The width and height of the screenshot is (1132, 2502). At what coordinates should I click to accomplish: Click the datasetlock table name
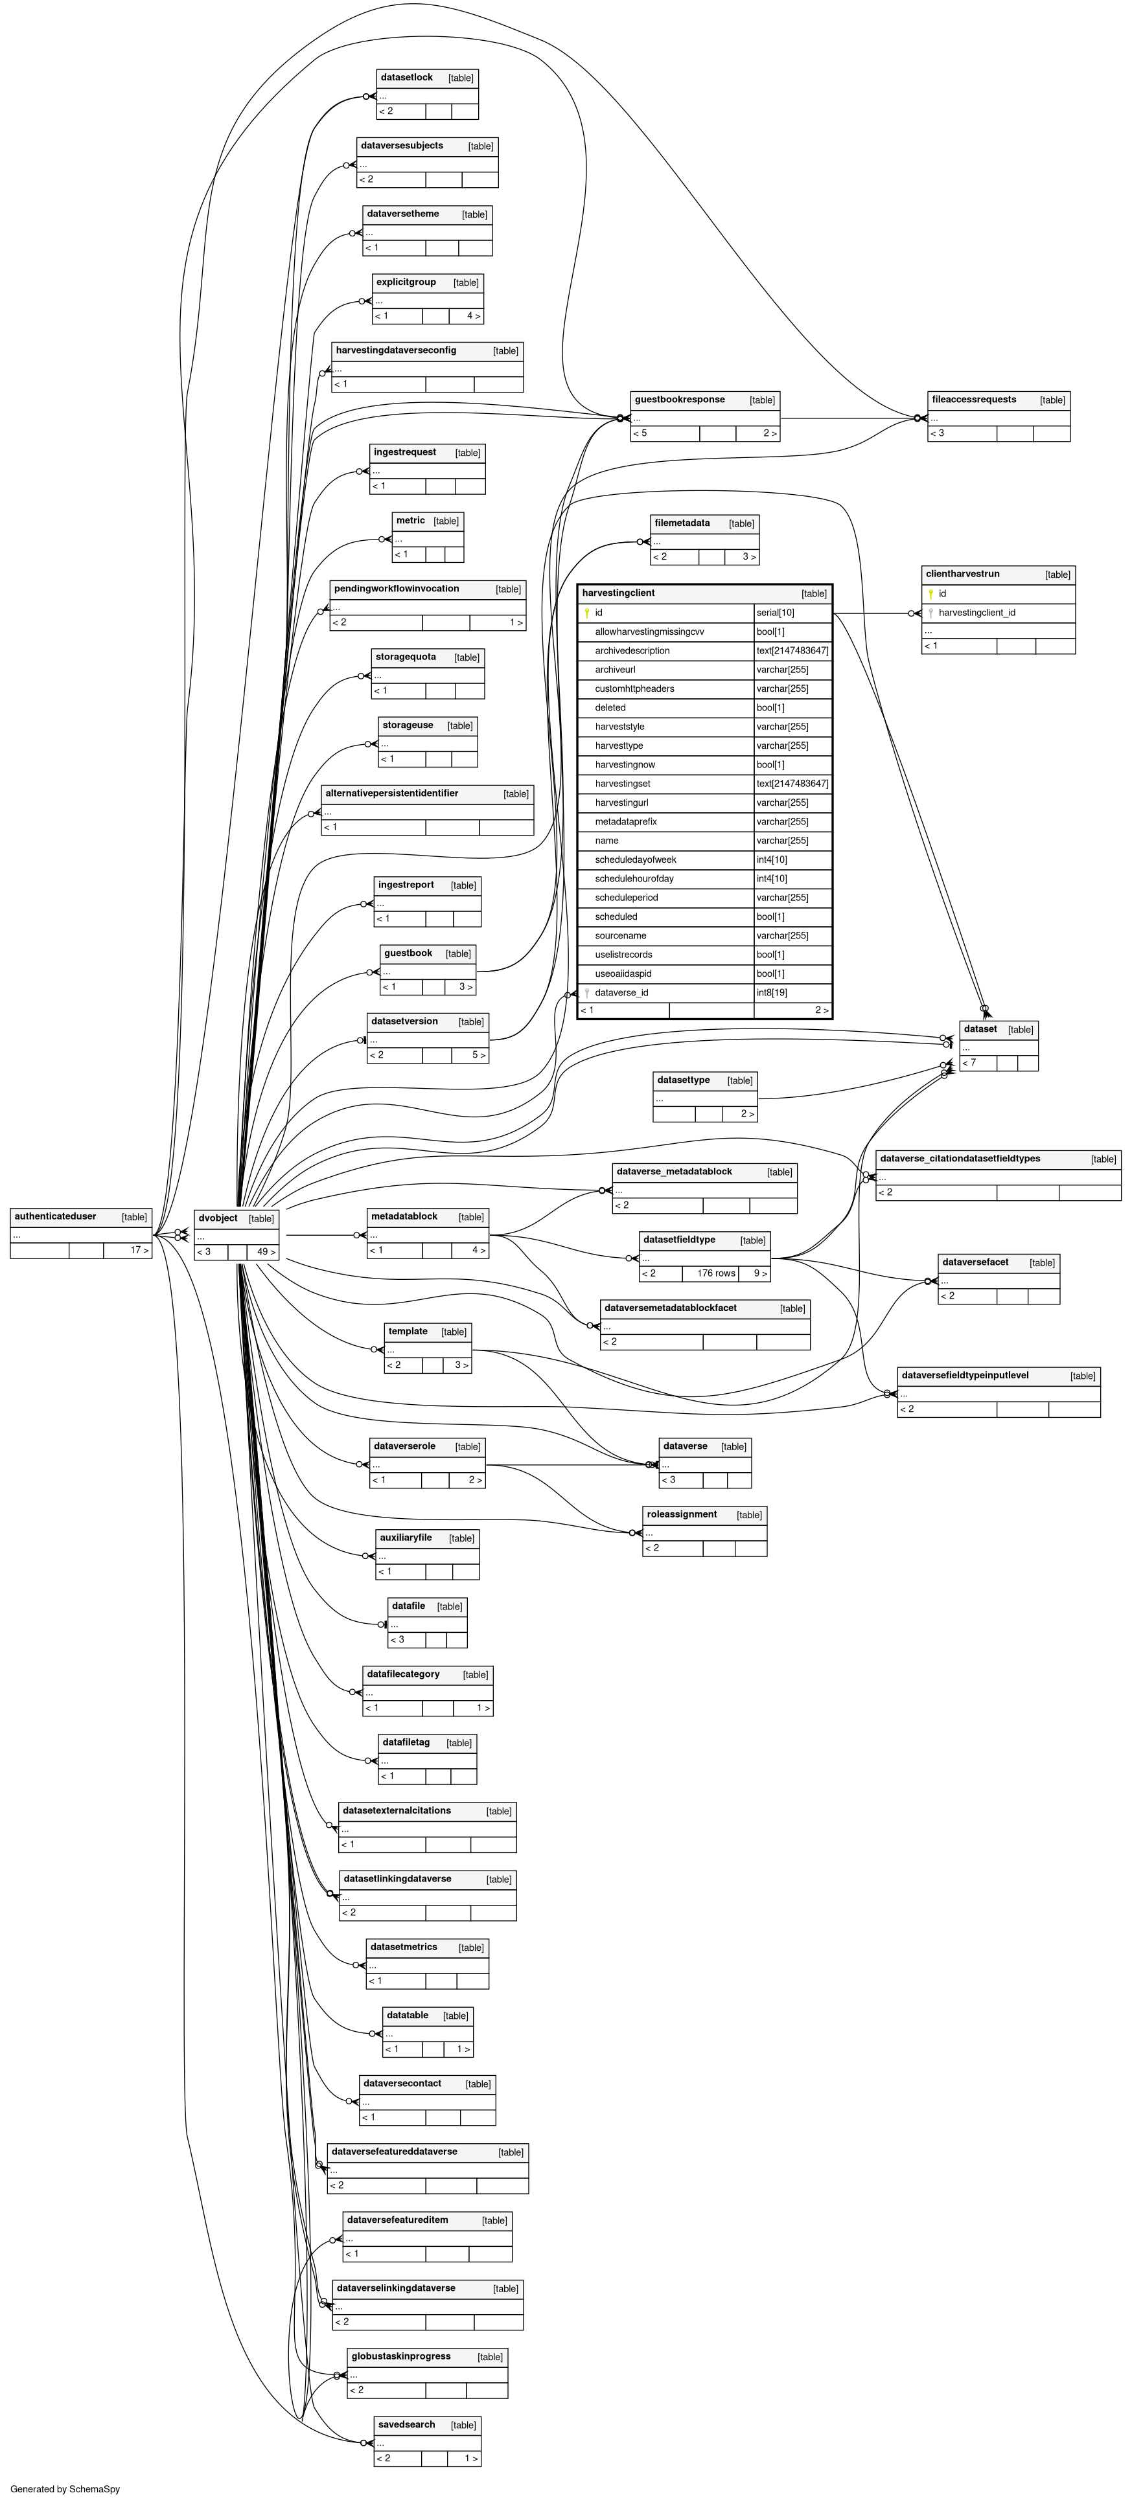tap(406, 78)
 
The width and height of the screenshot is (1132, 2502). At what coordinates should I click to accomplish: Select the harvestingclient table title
tap(618, 593)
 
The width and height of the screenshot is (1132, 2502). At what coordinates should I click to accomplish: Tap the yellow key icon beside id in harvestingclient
tap(587, 613)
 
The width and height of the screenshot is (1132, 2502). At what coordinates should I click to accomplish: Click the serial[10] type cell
tap(776, 613)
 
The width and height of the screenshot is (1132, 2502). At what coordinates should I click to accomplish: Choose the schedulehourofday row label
tap(634, 879)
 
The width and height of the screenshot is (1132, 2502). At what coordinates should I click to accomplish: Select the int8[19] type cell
tap(772, 993)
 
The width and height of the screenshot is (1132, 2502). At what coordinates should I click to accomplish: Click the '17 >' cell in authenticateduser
tap(139, 1250)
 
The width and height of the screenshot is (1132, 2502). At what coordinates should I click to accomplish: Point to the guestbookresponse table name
tap(679, 399)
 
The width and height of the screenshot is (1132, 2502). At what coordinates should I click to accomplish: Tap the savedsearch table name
tap(406, 2424)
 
